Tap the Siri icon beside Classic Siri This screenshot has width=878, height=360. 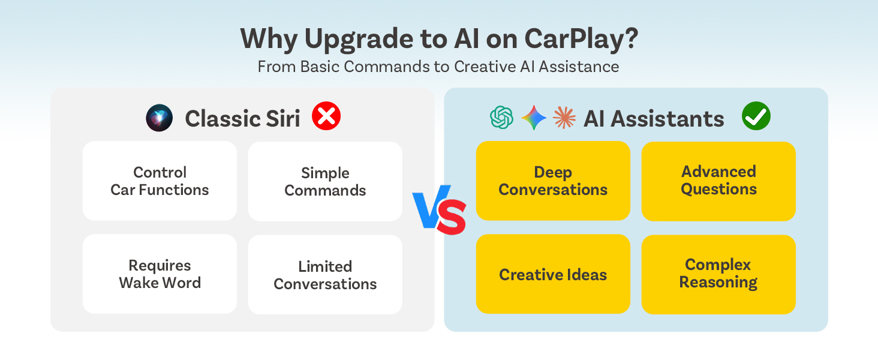click(x=160, y=118)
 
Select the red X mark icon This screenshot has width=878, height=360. click(x=326, y=116)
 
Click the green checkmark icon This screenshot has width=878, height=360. click(x=756, y=116)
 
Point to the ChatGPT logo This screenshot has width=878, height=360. click(x=502, y=118)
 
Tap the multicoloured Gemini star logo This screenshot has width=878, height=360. click(x=533, y=118)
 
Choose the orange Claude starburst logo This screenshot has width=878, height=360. click(x=564, y=118)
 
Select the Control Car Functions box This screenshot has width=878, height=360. click(x=160, y=181)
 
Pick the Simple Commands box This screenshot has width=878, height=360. click(x=325, y=182)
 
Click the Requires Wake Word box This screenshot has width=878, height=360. click(x=160, y=274)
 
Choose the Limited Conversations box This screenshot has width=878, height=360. click(x=325, y=275)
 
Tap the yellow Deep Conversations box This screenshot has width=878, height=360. click(x=553, y=181)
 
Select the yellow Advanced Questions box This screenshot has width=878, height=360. click(x=718, y=181)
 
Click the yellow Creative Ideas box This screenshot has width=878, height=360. click(x=553, y=274)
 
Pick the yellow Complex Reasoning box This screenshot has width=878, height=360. click(x=718, y=274)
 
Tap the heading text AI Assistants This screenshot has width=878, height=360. click(x=654, y=119)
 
